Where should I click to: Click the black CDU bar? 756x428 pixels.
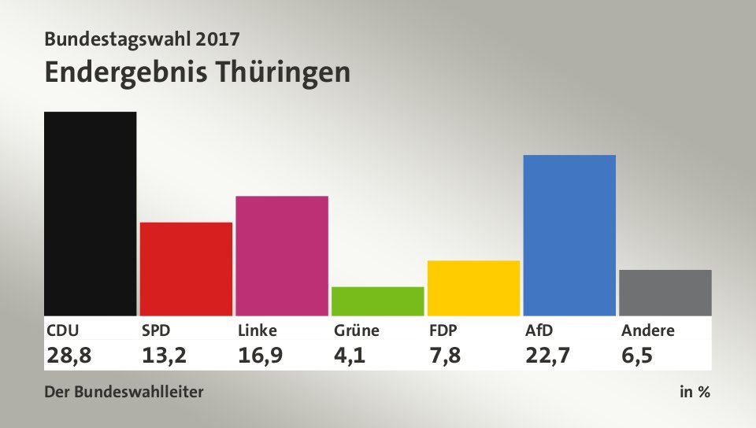coord(91,213)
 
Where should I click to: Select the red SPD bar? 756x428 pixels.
coord(186,268)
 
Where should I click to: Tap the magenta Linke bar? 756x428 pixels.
coord(282,255)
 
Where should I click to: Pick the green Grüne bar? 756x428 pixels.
coord(378,301)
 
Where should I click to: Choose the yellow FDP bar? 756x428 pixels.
coord(473,287)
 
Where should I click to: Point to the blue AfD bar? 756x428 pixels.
coord(569,234)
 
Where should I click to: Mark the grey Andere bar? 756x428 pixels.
coord(665,292)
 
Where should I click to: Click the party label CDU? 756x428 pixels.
coord(63,330)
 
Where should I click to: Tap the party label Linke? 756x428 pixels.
coord(258,330)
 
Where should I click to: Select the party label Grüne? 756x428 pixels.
coord(357,330)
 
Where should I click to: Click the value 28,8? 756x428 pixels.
coord(69,355)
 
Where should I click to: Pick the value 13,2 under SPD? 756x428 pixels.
coord(165,355)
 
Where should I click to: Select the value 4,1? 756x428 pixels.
coord(350,355)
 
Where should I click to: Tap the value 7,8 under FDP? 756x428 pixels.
coord(446,355)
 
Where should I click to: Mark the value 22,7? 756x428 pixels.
coord(548,355)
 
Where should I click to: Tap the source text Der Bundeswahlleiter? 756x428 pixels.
coord(124,392)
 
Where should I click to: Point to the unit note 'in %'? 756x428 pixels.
coord(695,392)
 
